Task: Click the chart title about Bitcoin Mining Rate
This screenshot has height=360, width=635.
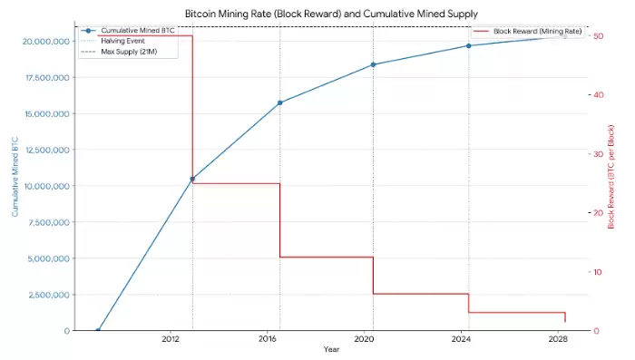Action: point(331,14)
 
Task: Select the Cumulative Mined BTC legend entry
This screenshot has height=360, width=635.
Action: point(137,31)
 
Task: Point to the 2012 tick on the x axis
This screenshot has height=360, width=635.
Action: point(170,339)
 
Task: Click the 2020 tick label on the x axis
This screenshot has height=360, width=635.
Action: point(364,339)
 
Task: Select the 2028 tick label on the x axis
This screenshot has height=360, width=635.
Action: point(558,339)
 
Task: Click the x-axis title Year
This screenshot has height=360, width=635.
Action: point(331,349)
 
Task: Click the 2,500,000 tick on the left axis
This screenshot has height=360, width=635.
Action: point(41,295)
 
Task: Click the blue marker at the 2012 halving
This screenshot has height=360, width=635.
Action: point(192,180)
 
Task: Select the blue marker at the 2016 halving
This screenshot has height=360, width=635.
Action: point(279,102)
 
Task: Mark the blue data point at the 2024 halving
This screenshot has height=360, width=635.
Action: point(469,45)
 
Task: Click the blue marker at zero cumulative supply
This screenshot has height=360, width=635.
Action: point(98,330)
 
